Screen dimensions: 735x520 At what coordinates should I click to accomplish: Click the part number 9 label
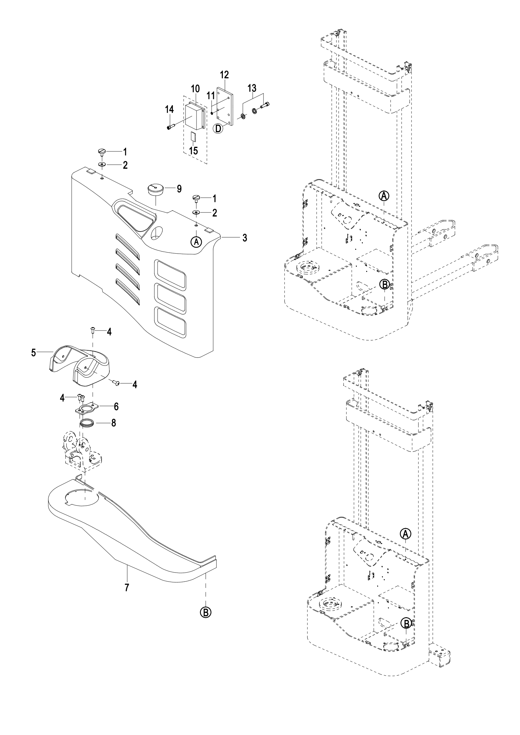coord(179,189)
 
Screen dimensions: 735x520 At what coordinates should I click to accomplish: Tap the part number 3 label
coord(245,238)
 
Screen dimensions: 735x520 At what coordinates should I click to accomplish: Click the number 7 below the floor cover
coord(127,588)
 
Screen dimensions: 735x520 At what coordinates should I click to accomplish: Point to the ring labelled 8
coord(86,423)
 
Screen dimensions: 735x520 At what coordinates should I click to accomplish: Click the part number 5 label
coord(34,353)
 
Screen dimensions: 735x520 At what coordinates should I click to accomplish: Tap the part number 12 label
coord(224,75)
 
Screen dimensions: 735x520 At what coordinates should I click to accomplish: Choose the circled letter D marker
coord(218,129)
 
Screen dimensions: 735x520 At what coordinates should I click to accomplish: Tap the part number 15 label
coord(194,151)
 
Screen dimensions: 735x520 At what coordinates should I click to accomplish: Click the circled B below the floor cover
coord(206,612)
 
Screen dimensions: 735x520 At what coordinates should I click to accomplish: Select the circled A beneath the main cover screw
coord(196,242)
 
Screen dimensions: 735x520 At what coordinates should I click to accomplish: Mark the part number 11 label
coord(211,96)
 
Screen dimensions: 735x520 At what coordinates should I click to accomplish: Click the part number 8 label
coord(113,423)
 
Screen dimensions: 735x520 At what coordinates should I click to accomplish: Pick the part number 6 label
coord(116,407)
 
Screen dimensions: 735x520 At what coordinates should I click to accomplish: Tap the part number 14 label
coord(169,109)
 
